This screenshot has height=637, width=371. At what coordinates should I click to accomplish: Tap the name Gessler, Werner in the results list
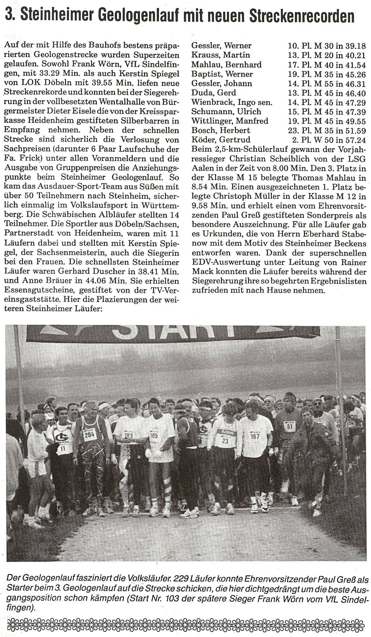click(221, 46)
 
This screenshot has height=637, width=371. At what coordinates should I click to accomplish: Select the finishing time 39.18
click(355, 46)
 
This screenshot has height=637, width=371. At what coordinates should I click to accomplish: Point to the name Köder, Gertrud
click(221, 140)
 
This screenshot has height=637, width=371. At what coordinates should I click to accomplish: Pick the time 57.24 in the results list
click(355, 140)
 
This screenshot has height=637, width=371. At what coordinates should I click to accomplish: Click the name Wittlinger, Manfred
click(230, 121)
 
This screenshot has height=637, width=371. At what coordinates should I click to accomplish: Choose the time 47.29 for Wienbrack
click(355, 102)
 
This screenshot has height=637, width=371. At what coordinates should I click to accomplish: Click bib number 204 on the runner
click(90, 434)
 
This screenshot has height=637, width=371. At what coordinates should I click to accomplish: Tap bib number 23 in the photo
click(225, 441)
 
